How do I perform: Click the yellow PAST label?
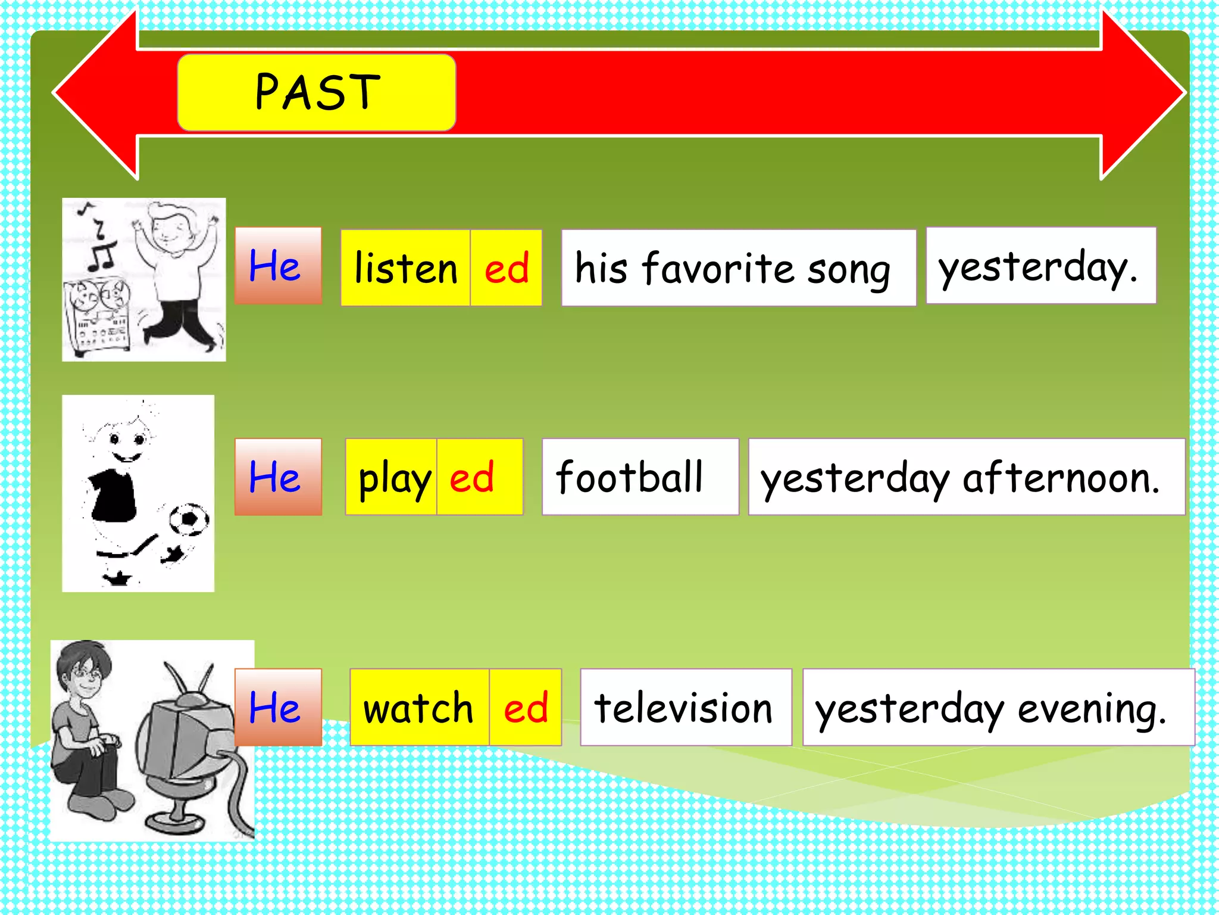(x=317, y=92)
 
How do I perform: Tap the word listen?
(x=406, y=268)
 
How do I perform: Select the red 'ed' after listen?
(x=507, y=268)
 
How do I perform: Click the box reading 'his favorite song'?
(x=738, y=268)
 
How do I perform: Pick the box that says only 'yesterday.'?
(x=1040, y=266)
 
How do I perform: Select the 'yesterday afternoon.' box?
(x=965, y=478)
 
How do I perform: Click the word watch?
(x=419, y=708)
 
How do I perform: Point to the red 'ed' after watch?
(x=526, y=708)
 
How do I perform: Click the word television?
(x=684, y=708)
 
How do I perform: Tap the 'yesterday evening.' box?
(x=998, y=708)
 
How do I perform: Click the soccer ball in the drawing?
(x=189, y=519)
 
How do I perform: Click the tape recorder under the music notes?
(x=98, y=316)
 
